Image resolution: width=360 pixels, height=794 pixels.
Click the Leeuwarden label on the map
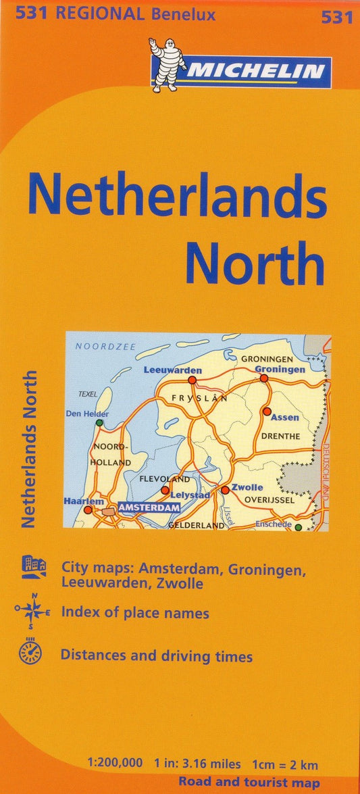tap(173, 370)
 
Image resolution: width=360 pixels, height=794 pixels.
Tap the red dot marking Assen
tap(267, 411)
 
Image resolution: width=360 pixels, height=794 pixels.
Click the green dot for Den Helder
tap(99, 423)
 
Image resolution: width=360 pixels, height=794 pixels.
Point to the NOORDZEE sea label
tap(105, 347)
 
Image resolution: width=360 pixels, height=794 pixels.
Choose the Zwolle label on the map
tap(247, 487)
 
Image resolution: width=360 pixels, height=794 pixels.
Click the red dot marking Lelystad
tap(165, 490)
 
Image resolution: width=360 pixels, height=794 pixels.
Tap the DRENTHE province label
tap(280, 437)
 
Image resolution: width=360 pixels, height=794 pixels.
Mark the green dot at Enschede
tap(298, 527)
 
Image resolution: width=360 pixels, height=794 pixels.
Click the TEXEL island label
tap(88, 394)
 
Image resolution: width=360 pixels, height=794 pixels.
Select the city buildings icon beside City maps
tap(33, 567)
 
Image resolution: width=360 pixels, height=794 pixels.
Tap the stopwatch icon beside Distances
tap(30, 654)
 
